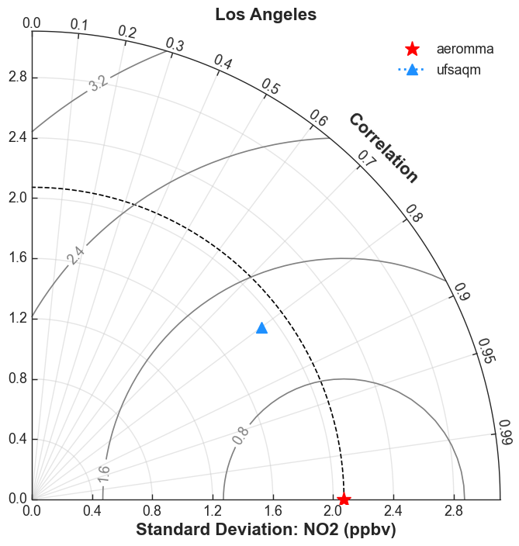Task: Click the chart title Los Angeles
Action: click(x=266, y=15)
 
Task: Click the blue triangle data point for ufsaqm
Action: click(x=261, y=328)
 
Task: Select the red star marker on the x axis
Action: click(x=344, y=499)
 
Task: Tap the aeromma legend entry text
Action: click(x=465, y=49)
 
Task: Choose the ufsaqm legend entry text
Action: click(x=458, y=70)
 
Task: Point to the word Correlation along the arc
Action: click(x=383, y=147)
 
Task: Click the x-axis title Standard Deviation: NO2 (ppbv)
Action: click(x=266, y=530)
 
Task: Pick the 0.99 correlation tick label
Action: click(x=505, y=432)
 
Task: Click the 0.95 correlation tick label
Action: click(x=486, y=351)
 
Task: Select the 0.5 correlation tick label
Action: click(x=271, y=86)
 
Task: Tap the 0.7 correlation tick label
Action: click(x=368, y=158)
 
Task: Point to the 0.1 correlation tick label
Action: click(x=79, y=25)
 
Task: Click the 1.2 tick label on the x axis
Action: click(x=213, y=511)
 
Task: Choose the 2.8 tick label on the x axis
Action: click(x=454, y=511)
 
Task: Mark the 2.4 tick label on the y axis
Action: click(x=18, y=138)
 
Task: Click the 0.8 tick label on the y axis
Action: click(x=18, y=378)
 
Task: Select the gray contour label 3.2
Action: click(x=99, y=84)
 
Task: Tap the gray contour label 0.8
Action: click(x=240, y=435)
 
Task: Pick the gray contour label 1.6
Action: click(x=104, y=475)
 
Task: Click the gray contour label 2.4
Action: click(x=75, y=256)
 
